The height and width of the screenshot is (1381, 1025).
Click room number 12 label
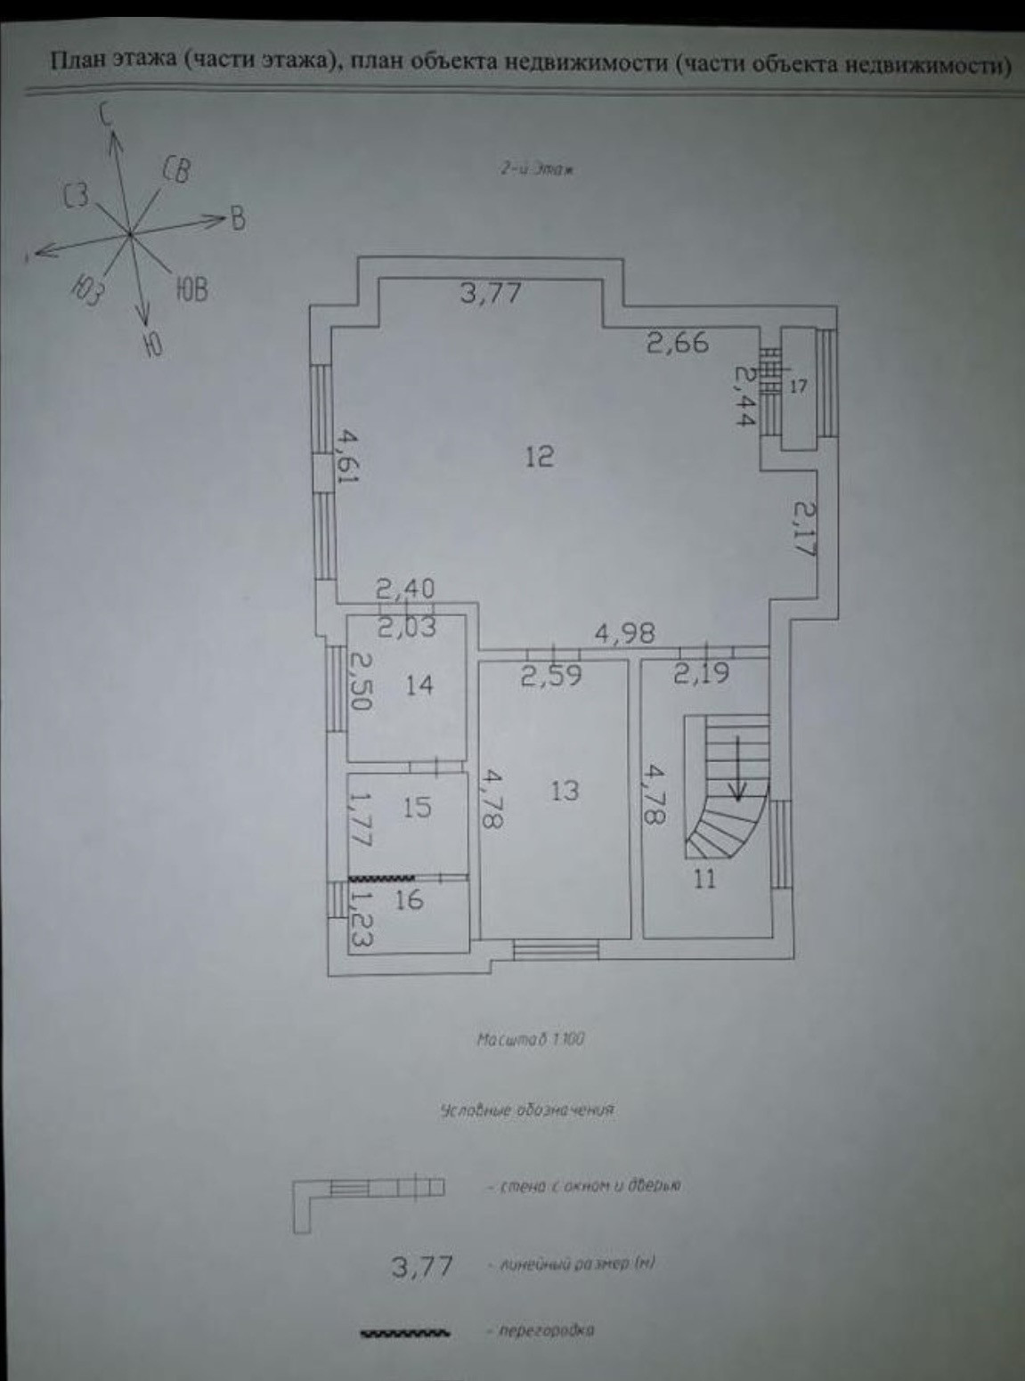[x=540, y=457]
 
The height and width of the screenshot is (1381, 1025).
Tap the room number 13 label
[x=565, y=789]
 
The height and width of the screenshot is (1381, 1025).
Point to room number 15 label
[x=417, y=807]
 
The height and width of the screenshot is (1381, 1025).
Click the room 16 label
[x=408, y=899]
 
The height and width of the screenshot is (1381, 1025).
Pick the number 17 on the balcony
[x=798, y=386]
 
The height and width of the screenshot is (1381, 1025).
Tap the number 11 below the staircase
[x=704, y=880]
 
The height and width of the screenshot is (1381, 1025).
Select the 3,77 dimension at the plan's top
[x=490, y=292]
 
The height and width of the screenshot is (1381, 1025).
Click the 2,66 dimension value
[x=679, y=342]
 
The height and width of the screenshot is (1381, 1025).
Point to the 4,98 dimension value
[x=625, y=633]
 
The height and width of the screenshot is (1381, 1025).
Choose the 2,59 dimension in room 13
[x=551, y=676]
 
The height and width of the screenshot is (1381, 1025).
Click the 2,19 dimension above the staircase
[x=701, y=674]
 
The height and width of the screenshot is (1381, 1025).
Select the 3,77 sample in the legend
[x=423, y=1265]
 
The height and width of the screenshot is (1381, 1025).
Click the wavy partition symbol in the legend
[x=404, y=1334]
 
